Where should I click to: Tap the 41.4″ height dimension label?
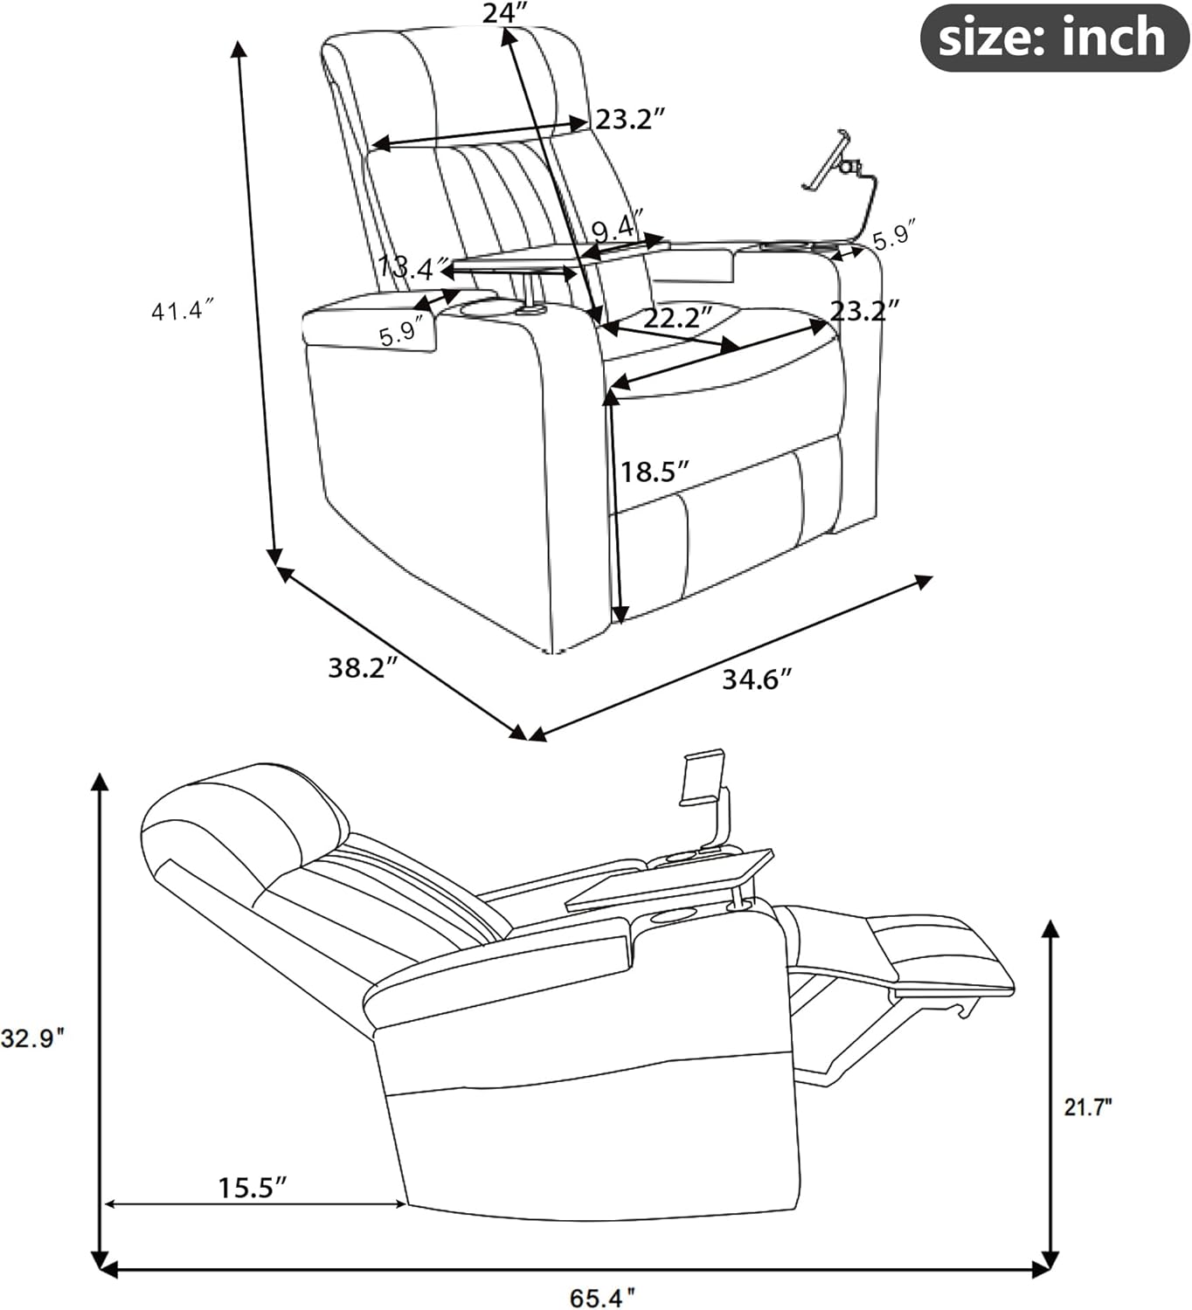click(x=183, y=310)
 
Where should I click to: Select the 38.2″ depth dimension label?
click(x=363, y=668)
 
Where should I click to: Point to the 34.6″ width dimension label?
click(x=757, y=679)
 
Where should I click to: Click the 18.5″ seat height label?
click(x=655, y=472)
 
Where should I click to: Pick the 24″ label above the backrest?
click(x=505, y=13)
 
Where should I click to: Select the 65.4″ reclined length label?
click(x=602, y=1298)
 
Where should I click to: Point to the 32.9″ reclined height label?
click(x=33, y=1038)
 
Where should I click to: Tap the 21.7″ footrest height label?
click(x=1087, y=1107)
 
